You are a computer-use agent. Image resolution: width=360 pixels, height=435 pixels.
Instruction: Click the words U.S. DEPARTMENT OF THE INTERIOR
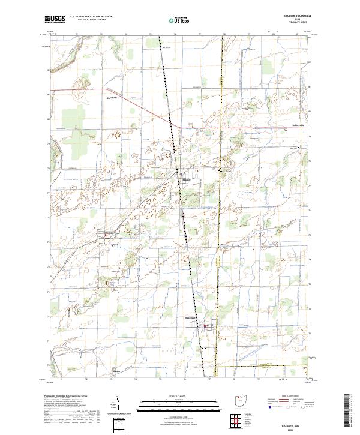(x=91, y=16)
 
